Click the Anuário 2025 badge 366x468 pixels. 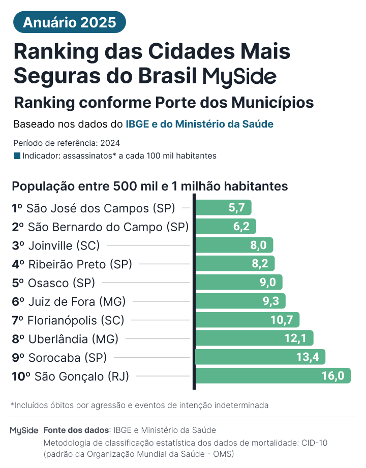coord(69,22)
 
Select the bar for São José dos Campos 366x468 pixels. coord(223,208)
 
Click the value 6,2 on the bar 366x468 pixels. coord(241,227)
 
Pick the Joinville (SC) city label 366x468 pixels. coord(64,245)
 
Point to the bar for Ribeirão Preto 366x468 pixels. coord(234,264)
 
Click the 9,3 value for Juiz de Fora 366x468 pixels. coord(270,301)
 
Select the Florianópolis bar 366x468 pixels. coord(247,320)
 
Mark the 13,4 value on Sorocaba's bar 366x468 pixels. coord(307,357)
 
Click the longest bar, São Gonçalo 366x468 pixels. coord(272,376)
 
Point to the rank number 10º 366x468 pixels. coord(21,377)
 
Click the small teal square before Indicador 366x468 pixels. coord(17,156)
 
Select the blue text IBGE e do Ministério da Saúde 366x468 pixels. coord(199,124)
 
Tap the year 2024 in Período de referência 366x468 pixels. coord(111,143)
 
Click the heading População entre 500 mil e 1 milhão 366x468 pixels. coord(150,186)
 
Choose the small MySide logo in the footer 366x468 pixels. coord(24,430)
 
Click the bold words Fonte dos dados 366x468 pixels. coord(76,430)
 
